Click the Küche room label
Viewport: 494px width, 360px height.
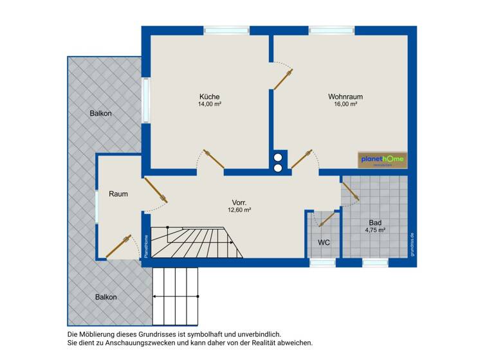[210, 96]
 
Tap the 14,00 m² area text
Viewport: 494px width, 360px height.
[210, 104]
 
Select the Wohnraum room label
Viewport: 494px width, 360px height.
[345, 96]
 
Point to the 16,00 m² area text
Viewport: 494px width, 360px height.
[345, 104]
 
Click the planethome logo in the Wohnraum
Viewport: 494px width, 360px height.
[382, 160]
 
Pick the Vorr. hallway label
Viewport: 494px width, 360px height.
[239, 202]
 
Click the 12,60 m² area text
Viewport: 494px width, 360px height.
[239, 210]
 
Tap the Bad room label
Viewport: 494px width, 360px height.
[375, 222]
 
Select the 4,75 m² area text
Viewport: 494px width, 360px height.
[375, 230]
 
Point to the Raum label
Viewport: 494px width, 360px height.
[118, 194]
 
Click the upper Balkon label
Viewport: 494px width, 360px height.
[100, 114]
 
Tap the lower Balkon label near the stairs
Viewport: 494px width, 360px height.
[105, 297]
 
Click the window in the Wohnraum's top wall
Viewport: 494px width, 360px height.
[331, 30]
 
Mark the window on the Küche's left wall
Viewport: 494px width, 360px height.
[146, 100]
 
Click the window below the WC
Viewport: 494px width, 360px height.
[322, 262]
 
